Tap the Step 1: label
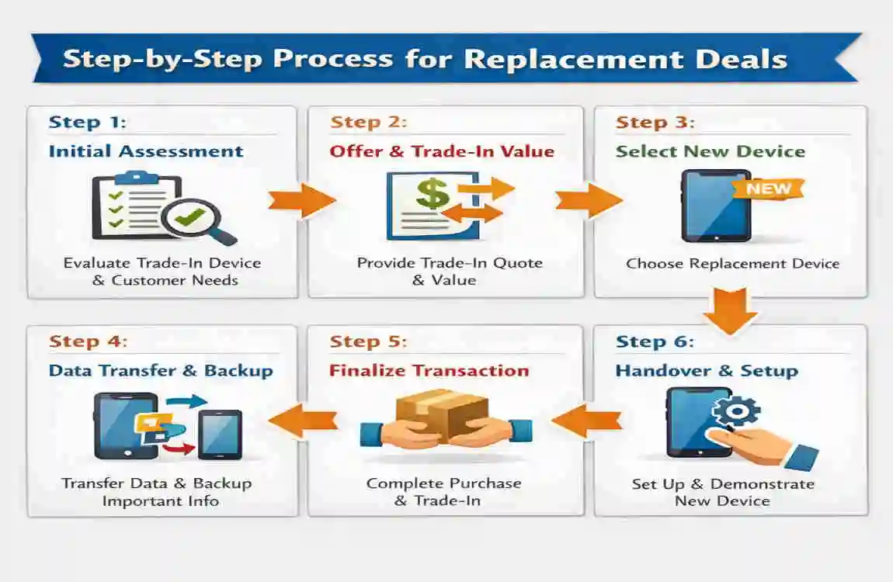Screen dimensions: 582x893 tap(87, 123)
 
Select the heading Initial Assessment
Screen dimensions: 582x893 tap(146, 151)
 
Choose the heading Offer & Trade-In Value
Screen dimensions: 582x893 tap(442, 151)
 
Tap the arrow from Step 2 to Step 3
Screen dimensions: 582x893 tap(588, 201)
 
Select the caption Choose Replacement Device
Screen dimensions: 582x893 tap(732, 264)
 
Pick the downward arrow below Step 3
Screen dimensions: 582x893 tap(730, 310)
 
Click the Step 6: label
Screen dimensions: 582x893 tap(655, 342)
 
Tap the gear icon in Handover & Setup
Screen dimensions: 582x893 tap(736, 411)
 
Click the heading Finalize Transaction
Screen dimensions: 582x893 tap(429, 371)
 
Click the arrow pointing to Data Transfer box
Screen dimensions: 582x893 tap(304, 421)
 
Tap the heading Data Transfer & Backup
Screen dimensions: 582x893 tap(161, 371)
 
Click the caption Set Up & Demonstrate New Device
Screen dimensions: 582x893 tap(723, 492)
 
